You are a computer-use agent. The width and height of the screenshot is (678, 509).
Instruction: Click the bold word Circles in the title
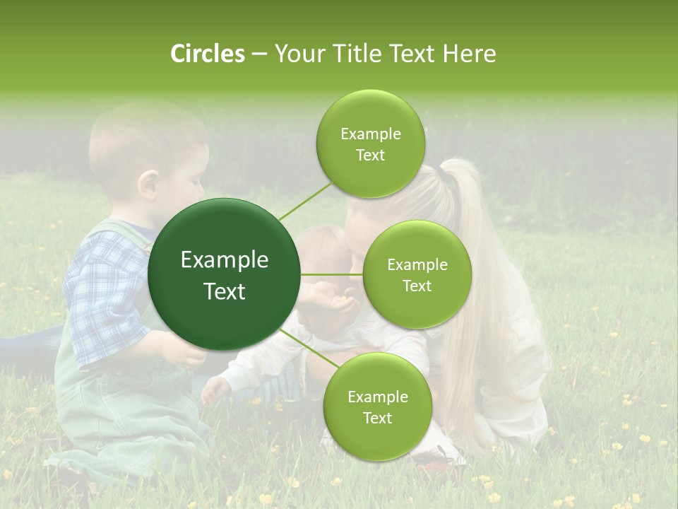pos(207,54)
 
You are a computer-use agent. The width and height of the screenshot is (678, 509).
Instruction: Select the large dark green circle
pos(225,275)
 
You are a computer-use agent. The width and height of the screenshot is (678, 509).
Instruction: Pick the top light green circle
pos(370,144)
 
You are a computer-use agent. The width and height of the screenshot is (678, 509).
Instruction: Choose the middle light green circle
pos(417,275)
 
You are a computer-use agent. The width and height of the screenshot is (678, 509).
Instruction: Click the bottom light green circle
pos(377,406)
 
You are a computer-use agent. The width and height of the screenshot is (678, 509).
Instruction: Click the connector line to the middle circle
pos(332,274)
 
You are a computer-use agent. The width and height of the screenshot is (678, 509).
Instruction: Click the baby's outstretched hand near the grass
pos(213,390)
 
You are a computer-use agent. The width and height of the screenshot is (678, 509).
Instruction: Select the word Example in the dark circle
pos(225,260)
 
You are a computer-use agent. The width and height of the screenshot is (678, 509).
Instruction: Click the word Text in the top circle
pos(370,156)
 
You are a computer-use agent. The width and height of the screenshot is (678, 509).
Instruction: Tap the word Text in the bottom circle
pos(377,418)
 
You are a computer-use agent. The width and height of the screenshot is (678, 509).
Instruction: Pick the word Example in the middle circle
pos(417,264)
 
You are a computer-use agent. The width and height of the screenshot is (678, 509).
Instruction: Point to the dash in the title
pos(258,54)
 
